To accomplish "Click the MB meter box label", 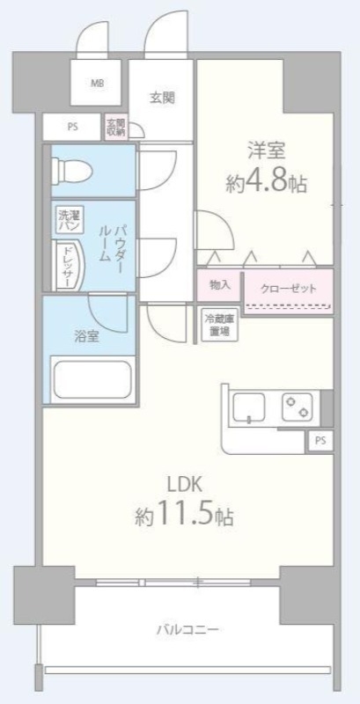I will [96, 84].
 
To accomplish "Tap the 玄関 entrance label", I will [162, 97].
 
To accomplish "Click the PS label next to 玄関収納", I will [72, 127].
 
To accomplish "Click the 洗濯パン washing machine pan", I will [69, 220].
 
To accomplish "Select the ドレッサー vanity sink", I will [68, 266].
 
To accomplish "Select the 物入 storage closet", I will [219, 284].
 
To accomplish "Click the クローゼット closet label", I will [288, 287].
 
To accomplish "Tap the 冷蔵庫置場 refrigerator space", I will [217, 324].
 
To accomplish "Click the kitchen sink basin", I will [249, 407].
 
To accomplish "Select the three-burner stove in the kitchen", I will [296, 407].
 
